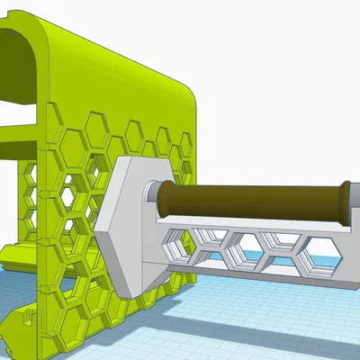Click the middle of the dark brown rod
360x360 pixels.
point(252,202)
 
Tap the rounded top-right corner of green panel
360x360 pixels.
point(184,90)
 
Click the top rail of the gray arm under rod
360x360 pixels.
point(261,227)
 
